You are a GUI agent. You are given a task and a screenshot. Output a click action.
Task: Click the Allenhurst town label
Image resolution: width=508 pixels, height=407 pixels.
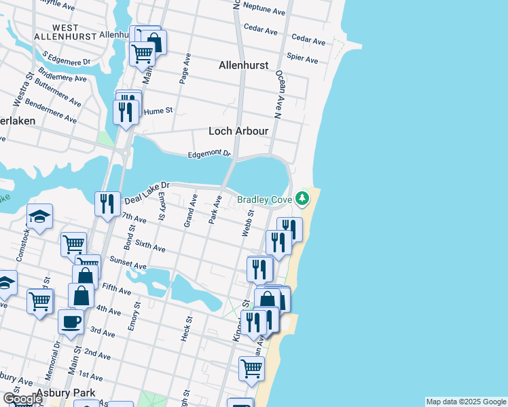click(243, 66)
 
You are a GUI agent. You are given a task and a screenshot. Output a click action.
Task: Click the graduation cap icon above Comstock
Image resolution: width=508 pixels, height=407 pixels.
click(39, 216)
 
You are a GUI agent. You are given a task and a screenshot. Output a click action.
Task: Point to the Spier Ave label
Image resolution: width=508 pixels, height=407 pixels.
click(302, 58)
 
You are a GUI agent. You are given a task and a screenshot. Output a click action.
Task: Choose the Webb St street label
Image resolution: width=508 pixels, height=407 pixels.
click(248, 222)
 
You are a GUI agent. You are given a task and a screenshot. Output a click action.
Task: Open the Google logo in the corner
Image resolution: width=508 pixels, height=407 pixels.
click(22, 399)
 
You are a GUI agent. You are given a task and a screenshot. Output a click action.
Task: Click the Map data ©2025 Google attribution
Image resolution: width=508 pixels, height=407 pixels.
click(465, 402)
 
